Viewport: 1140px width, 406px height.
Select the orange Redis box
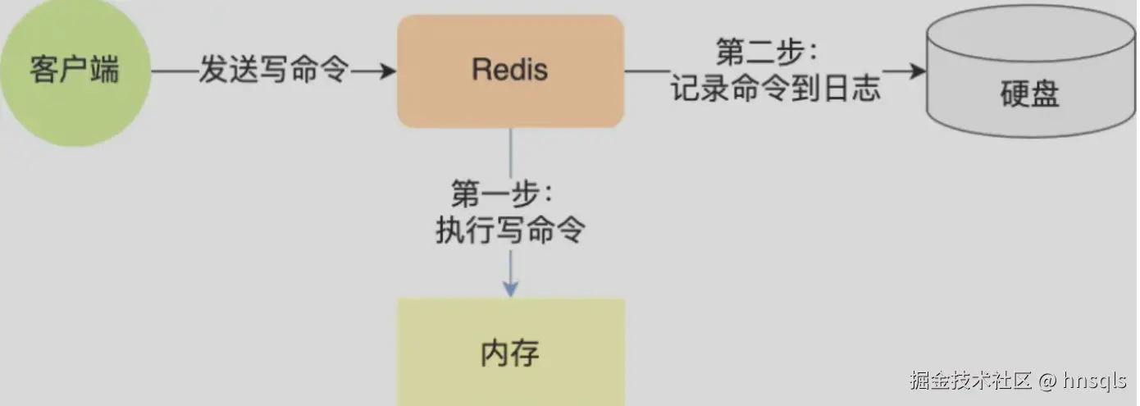click(x=510, y=71)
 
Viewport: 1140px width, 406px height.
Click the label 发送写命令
click(x=274, y=71)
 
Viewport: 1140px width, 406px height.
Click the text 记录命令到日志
click(x=776, y=88)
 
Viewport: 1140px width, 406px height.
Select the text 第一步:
click(x=501, y=194)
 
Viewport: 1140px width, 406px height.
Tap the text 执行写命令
click(x=510, y=231)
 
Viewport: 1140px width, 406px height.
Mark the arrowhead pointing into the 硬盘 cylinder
click(x=916, y=71)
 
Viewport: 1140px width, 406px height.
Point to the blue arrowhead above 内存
click(x=510, y=288)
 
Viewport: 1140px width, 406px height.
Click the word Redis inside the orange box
click(x=510, y=70)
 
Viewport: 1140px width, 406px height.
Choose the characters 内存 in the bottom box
click(x=510, y=354)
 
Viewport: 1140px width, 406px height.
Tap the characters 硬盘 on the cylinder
click(x=1030, y=95)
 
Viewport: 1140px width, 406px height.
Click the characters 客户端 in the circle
click(x=75, y=71)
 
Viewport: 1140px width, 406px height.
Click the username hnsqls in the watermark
click(x=1094, y=381)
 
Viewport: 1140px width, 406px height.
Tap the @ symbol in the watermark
click(x=1047, y=381)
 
